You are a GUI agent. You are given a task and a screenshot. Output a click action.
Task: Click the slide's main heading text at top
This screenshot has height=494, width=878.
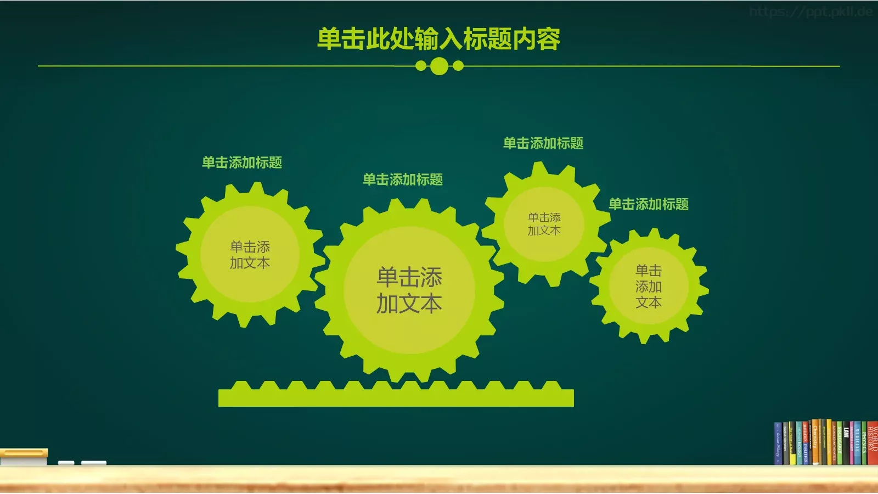[438, 39]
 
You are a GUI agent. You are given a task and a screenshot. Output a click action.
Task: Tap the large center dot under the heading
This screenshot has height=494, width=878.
[439, 66]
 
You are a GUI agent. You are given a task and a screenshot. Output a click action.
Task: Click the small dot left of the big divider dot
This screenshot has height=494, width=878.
[421, 66]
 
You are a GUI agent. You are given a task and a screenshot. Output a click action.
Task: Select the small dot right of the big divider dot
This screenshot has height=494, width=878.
[458, 66]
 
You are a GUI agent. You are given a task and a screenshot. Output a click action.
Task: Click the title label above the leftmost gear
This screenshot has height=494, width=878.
[242, 162]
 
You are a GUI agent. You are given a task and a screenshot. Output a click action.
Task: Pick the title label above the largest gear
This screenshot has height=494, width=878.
[403, 179]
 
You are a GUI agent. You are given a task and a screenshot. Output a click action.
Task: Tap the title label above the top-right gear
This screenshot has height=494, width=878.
[543, 143]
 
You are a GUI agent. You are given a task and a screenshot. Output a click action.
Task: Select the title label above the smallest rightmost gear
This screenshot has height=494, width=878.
[649, 204]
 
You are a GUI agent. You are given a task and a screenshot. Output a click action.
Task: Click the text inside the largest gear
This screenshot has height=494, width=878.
[409, 290]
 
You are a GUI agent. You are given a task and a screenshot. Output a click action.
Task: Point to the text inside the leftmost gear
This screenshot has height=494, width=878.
[250, 255]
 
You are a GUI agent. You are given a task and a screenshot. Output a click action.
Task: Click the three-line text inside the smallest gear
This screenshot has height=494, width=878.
[649, 286]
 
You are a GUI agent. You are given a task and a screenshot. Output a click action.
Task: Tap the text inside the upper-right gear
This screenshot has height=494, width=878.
[544, 224]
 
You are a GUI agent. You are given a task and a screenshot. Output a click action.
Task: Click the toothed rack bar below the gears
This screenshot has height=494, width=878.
[396, 397]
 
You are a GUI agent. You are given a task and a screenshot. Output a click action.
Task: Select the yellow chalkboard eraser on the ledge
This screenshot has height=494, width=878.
[24, 457]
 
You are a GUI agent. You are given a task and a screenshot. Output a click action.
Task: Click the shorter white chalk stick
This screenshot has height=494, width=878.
[66, 463]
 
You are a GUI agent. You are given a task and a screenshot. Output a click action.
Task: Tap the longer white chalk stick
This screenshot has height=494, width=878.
[94, 463]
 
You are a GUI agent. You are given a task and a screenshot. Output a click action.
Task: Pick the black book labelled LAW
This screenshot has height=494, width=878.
[846, 445]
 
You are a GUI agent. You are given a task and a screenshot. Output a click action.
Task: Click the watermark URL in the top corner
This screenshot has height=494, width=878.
[811, 12]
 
